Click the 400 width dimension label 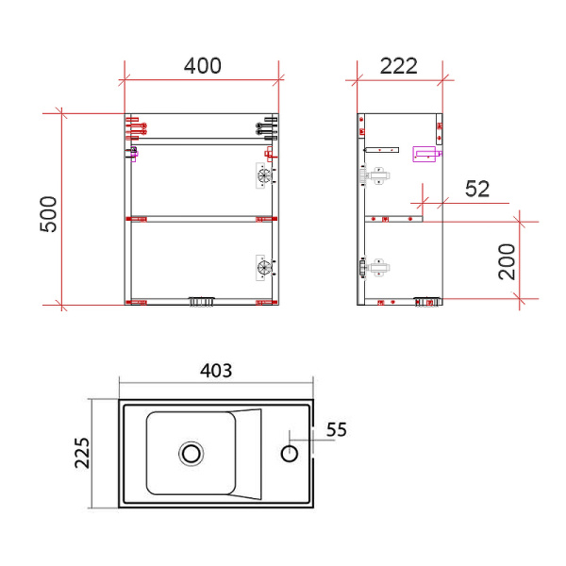pyautogui.click(x=203, y=66)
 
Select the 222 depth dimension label pyautogui.click(x=398, y=66)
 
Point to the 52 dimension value pyautogui.click(x=477, y=189)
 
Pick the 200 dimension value pyautogui.click(x=507, y=260)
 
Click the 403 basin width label pyautogui.click(x=216, y=370)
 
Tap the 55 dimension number pyautogui.click(x=337, y=430)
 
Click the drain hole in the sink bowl pyautogui.click(x=191, y=454)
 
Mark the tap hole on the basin pyautogui.click(x=291, y=454)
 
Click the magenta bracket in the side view pyautogui.click(x=427, y=154)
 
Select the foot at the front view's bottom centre pyautogui.click(x=202, y=301)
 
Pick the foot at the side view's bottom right pyautogui.click(x=427, y=301)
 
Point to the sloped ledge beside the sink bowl pyautogui.click(x=248, y=454)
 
